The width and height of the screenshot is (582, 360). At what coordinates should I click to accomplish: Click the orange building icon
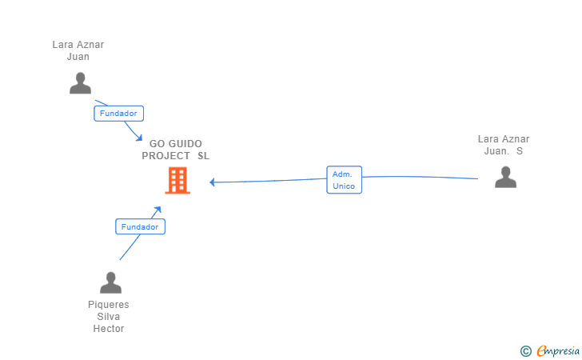pyautogui.click(x=177, y=181)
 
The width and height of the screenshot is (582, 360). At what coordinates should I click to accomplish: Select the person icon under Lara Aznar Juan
pyautogui.click(x=80, y=83)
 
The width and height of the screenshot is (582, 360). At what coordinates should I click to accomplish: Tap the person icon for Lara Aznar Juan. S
pyautogui.click(x=505, y=177)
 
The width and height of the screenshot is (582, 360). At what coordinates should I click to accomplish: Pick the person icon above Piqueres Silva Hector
pyautogui.click(x=110, y=282)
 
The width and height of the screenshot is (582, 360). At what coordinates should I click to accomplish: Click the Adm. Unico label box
pyautogui.click(x=345, y=180)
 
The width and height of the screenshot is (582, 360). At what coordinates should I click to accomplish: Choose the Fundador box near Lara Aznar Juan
pyautogui.click(x=119, y=114)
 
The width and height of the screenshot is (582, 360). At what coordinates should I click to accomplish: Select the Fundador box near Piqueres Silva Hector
pyautogui.click(x=140, y=227)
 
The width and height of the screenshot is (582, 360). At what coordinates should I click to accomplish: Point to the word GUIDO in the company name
pyautogui.click(x=185, y=144)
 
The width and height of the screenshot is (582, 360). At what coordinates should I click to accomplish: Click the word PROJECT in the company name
pyautogui.click(x=166, y=156)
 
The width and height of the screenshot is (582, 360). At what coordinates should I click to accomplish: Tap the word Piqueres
pyautogui.click(x=109, y=305)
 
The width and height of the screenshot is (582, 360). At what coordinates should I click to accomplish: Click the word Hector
pyautogui.click(x=109, y=329)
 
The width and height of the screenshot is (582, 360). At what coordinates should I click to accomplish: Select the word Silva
pyautogui.click(x=109, y=317)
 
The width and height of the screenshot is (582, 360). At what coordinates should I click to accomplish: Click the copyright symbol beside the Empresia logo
pyautogui.click(x=525, y=350)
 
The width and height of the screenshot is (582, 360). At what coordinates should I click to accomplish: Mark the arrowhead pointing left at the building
pyautogui.click(x=213, y=182)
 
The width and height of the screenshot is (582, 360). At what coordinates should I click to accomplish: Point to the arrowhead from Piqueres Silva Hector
pyautogui.click(x=157, y=210)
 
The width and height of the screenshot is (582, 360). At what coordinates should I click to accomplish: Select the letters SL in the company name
pyautogui.click(x=203, y=156)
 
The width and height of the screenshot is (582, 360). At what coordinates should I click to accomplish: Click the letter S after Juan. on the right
pyautogui.click(x=520, y=150)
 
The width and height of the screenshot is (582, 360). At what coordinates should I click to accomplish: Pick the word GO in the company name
pyautogui.click(x=157, y=144)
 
